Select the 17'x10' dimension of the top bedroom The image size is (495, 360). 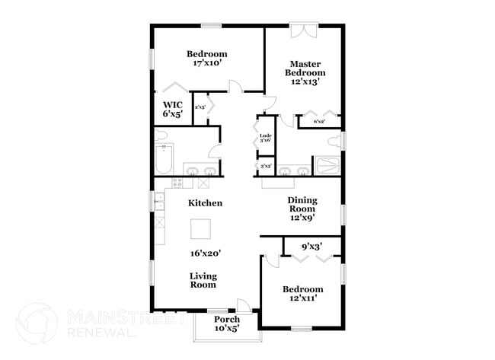(206, 65)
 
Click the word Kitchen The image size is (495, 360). (206, 203)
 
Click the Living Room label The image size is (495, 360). (203, 280)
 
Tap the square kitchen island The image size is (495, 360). (201, 229)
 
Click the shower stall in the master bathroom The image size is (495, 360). (328, 166)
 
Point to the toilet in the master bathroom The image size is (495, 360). (335, 141)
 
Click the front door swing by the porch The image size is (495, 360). (242, 304)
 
